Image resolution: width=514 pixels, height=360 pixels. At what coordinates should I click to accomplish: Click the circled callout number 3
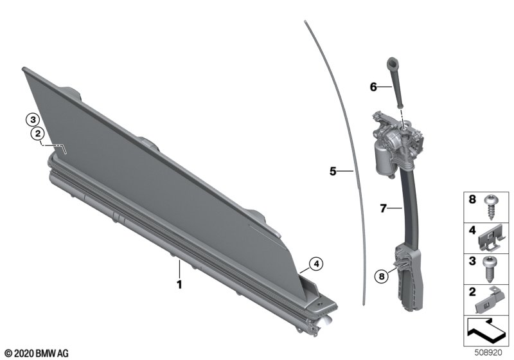point(33,120)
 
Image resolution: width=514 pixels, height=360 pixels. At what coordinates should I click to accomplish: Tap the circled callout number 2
point(38,134)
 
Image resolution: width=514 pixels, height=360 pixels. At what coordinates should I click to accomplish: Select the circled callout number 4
point(316,264)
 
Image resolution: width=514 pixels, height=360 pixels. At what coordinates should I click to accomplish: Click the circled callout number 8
point(381,276)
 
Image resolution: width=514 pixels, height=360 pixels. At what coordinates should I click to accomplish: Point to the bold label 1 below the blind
point(179,284)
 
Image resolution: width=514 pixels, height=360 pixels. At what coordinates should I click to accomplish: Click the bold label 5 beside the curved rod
point(333,171)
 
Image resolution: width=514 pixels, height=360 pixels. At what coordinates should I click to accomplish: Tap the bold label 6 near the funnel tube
point(373,87)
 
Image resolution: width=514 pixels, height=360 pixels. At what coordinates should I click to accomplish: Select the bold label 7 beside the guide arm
point(383,208)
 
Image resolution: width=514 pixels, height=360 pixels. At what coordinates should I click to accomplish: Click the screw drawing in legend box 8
point(490,208)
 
